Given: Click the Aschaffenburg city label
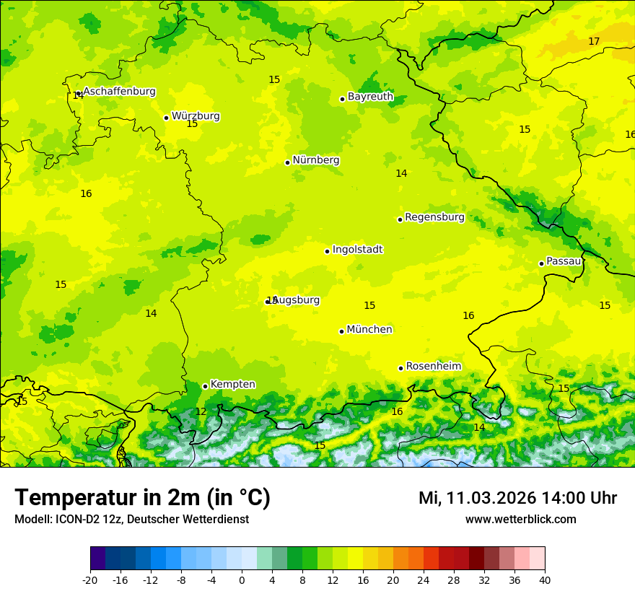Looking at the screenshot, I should (x=119, y=92).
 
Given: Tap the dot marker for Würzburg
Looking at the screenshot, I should (x=166, y=118).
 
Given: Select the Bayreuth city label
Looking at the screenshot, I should (x=370, y=96).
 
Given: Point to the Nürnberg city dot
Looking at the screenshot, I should (x=287, y=162).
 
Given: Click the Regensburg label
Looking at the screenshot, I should (x=434, y=217).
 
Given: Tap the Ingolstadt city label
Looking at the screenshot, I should (x=357, y=249).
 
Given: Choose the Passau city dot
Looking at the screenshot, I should (x=541, y=263).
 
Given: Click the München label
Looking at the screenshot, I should (x=369, y=329).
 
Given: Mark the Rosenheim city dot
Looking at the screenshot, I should (x=400, y=368).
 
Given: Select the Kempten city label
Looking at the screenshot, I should (x=232, y=384).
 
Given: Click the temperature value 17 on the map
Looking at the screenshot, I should (x=594, y=41).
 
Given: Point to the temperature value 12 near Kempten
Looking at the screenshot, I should (x=201, y=411).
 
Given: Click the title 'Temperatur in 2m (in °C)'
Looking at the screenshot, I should (x=142, y=498).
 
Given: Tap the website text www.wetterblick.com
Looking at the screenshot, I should (x=520, y=519).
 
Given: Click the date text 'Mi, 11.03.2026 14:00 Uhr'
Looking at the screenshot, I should (x=517, y=498).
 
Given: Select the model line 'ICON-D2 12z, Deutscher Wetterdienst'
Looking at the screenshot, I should (x=131, y=519).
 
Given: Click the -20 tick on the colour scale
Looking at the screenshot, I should (x=90, y=580).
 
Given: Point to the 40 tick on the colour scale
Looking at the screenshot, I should (x=544, y=580).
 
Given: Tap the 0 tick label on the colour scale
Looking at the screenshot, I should (x=242, y=580).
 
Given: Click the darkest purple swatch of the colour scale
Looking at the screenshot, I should (x=98, y=559).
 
